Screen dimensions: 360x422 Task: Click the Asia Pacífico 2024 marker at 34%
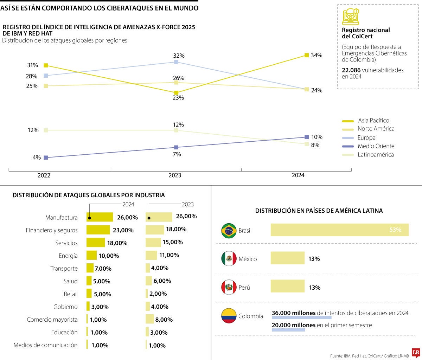[307, 55]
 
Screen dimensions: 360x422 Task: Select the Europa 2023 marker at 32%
[176, 62]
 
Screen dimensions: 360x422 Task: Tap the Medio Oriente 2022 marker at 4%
[46, 157]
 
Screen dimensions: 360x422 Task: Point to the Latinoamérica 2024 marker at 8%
[307, 144]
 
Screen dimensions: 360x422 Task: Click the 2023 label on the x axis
[175, 175]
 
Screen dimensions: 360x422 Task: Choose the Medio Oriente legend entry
[376, 146]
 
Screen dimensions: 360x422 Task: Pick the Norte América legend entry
[376, 129]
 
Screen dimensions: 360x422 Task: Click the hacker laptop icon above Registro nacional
[351, 17]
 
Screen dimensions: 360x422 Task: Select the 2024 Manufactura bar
[100, 217]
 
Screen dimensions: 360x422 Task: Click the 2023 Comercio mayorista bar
[150, 319]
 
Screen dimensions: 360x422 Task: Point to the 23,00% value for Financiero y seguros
[123, 230]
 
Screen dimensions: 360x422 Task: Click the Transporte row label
[64, 269]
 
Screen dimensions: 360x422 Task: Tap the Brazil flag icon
[229, 231]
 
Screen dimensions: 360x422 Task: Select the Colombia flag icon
[229, 316]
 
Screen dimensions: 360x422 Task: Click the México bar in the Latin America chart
[287, 258]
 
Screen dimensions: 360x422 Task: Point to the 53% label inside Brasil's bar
[395, 230]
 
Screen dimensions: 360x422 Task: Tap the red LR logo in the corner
[416, 353]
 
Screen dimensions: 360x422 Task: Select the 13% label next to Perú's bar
[314, 288]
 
